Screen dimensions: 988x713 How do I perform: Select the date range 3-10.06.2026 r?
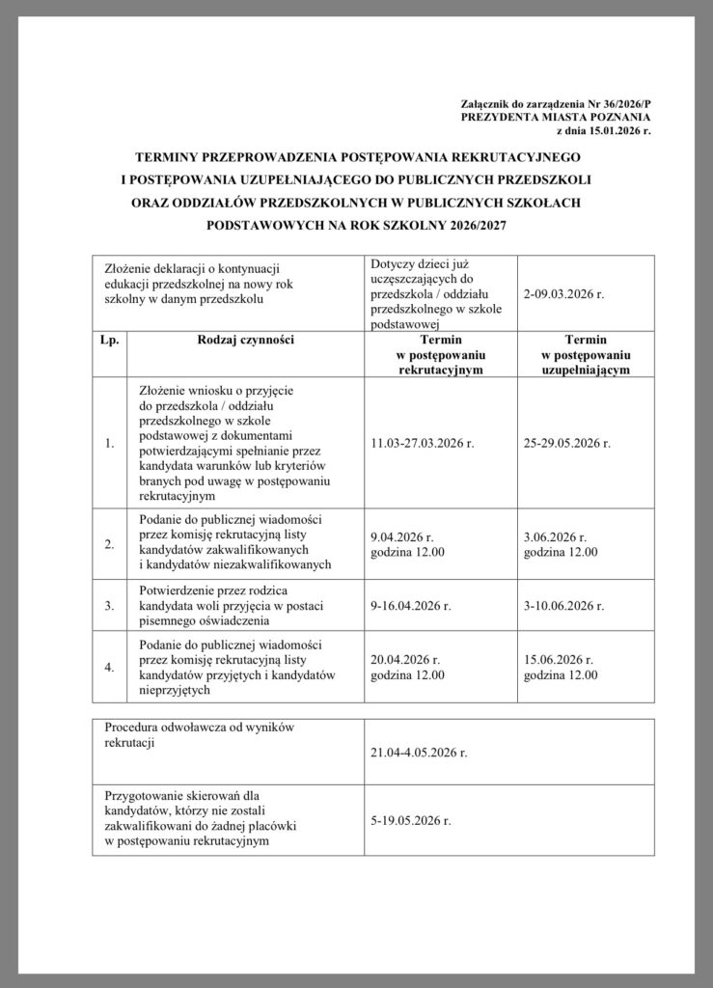tap(564, 606)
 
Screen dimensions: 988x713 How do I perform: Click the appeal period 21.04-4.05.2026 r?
tap(418, 752)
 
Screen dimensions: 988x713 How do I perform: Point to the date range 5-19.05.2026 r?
tap(411, 820)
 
